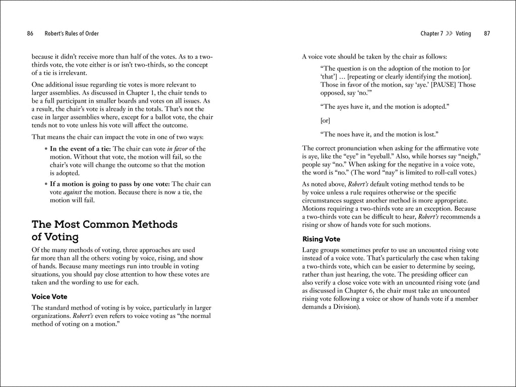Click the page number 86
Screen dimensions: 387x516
tap(30, 34)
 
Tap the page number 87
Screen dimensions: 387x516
tap(487, 34)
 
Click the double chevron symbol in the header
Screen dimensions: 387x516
tap(449, 34)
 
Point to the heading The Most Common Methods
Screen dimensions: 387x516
tap(104, 224)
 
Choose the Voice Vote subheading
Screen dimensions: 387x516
tap(49, 296)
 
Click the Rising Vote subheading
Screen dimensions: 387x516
tap(321, 239)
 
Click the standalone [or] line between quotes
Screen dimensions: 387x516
tap(325, 121)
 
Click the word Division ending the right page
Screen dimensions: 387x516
tap(344, 307)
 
